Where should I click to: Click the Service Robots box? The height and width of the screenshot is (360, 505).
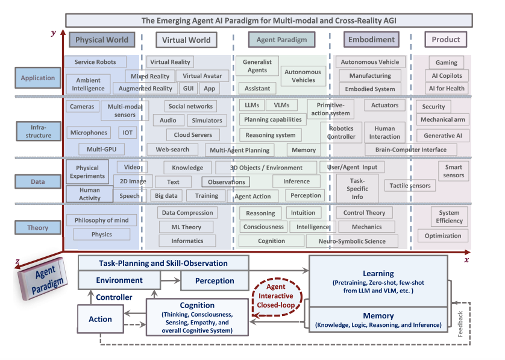tap(96, 62)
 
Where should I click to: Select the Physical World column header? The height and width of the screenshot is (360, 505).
tap(102, 40)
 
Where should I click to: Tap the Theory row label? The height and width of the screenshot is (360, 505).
tap(37, 227)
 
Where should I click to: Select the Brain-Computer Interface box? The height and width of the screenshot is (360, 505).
tap(410, 150)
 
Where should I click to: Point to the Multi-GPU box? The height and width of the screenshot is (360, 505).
tap(101, 148)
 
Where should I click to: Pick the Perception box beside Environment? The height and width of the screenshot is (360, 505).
tap(215, 280)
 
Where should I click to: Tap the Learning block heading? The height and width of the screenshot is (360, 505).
tap(378, 273)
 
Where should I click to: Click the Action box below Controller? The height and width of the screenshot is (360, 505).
tap(101, 319)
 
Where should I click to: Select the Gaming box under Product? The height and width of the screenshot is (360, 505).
tap(446, 62)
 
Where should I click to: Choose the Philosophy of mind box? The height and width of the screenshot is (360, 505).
tap(101, 220)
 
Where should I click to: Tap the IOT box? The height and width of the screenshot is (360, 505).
tap(127, 133)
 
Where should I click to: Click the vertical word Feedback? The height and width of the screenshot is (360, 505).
tap(460, 322)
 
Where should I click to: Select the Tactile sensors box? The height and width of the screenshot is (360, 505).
tap(410, 186)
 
